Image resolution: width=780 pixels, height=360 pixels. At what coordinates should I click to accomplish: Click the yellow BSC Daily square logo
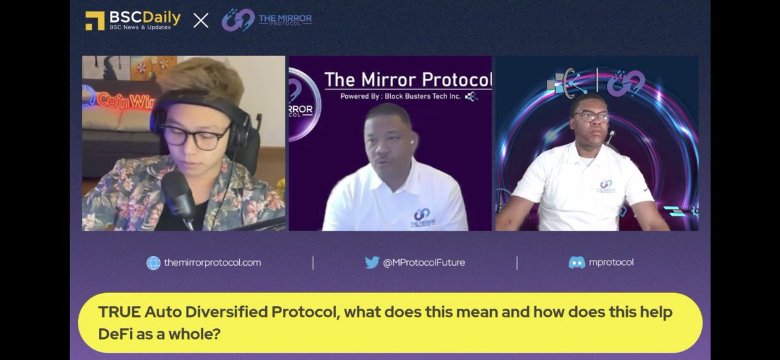coord(95,20)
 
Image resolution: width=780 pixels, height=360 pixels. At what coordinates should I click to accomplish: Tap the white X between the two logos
coord(201,20)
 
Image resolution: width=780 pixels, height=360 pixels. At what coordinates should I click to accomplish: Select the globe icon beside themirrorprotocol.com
coord(153,263)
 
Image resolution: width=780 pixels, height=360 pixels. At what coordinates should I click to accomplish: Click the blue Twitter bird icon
coord(372,263)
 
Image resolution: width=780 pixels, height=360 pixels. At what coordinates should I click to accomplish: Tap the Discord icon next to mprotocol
coord(577,263)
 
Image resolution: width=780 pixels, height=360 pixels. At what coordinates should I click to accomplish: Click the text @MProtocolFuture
coord(424,263)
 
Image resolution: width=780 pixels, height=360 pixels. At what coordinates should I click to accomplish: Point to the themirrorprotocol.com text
coord(212,263)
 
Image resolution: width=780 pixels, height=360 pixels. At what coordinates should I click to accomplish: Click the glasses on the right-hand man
coord(590,118)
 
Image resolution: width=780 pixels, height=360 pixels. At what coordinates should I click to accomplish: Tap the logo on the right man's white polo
coord(606,186)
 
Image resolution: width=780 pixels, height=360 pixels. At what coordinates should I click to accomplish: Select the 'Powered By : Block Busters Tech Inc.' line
coord(408,96)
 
